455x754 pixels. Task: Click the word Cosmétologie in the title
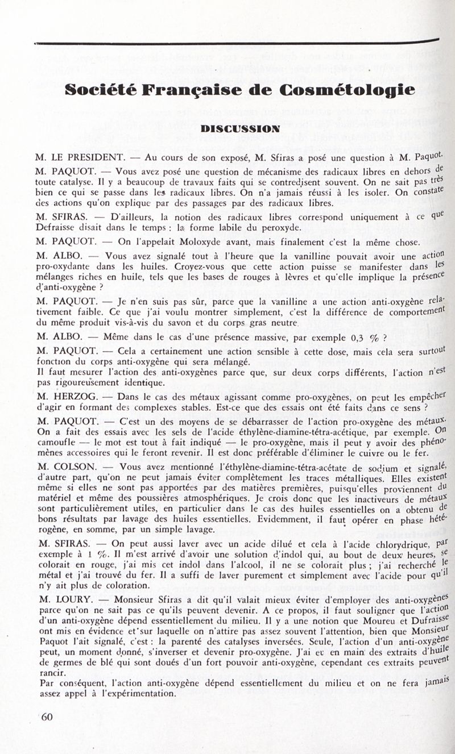pyautogui.click(x=347, y=90)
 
